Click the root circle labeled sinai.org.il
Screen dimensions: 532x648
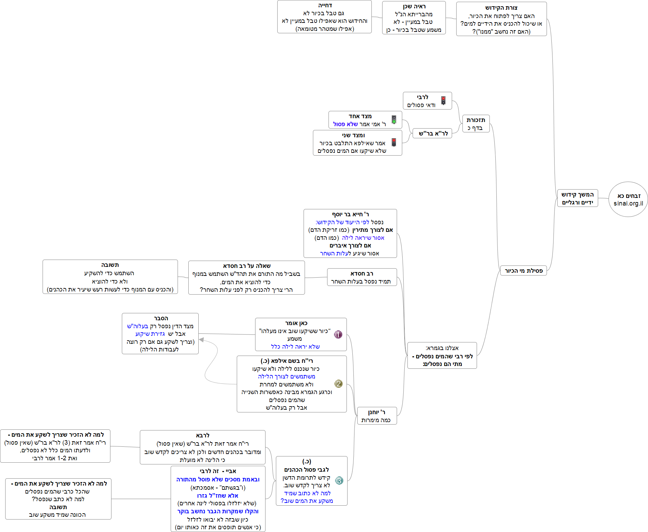(x=628, y=199)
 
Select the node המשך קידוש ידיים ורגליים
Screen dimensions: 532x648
(x=577, y=198)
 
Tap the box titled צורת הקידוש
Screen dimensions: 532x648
(x=501, y=19)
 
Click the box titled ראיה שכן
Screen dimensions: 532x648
(x=414, y=18)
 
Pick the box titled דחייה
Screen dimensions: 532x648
(x=324, y=17)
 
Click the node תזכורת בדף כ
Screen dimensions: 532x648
(x=476, y=124)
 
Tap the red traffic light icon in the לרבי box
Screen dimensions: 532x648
(x=443, y=101)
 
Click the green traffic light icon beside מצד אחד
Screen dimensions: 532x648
(x=394, y=120)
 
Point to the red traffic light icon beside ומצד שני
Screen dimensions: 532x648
(x=394, y=142)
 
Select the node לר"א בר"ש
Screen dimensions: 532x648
(x=433, y=133)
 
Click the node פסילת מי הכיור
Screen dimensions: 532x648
(x=523, y=271)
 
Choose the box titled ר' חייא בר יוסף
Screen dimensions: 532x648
(x=350, y=233)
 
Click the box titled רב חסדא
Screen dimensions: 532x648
(x=361, y=277)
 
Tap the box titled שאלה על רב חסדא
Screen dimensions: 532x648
(x=246, y=278)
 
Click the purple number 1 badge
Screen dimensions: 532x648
(x=338, y=334)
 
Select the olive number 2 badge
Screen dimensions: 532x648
(x=338, y=384)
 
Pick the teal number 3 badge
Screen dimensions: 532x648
(x=339, y=481)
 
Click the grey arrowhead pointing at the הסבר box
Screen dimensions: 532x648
(x=201, y=340)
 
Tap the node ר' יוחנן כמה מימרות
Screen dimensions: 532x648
(x=377, y=416)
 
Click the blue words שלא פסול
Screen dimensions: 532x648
(x=345, y=124)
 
